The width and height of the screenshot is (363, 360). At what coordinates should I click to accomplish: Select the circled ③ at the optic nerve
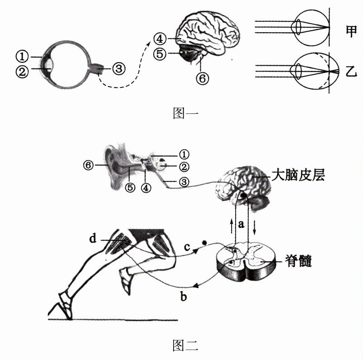point(117,69)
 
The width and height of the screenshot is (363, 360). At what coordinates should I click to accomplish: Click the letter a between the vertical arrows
point(242,224)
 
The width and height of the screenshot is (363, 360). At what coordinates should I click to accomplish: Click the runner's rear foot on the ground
point(63,308)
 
